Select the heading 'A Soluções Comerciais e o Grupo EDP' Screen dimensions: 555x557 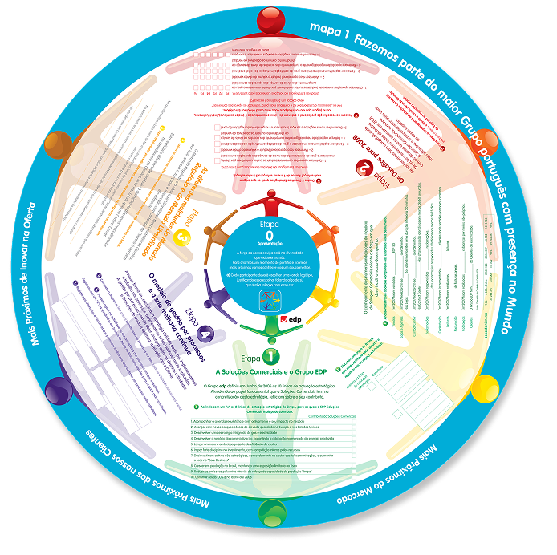click(x=271, y=373)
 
